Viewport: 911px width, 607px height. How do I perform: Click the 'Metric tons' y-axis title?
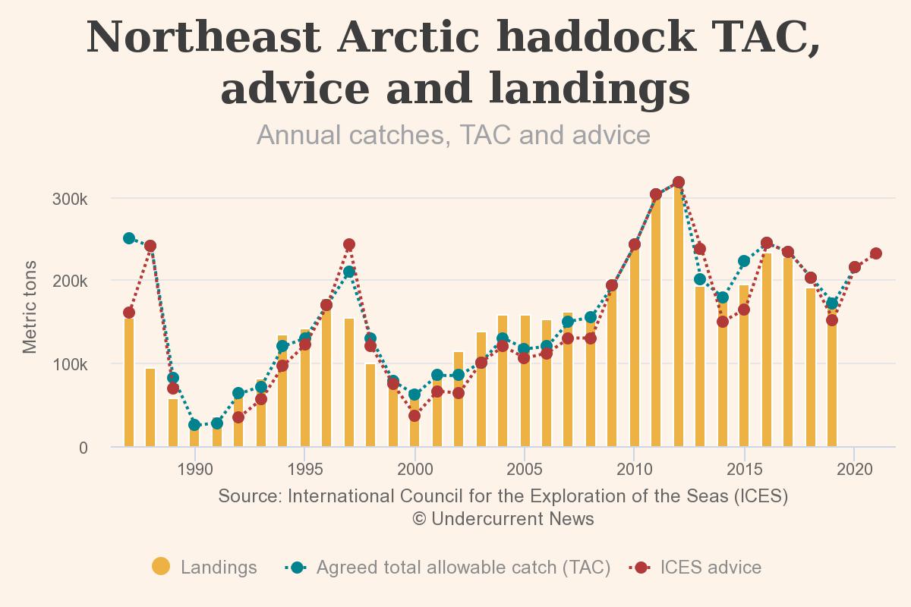click(x=30, y=307)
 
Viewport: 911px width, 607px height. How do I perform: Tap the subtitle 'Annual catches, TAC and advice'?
click(x=453, y=135)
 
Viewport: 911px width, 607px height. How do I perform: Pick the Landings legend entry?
click(x=205, y=568)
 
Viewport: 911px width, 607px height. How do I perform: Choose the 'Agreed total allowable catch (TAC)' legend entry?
click(x=448, y=568)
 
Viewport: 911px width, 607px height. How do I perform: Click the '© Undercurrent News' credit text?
click(x=503, y=519)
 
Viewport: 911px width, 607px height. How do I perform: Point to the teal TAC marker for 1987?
click(x=129, y=238)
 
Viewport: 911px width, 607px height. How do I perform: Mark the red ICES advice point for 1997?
click(x=348, y=245)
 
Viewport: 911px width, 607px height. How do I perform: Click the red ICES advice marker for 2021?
click(x=875, y=253)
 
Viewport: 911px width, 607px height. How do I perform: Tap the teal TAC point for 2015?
click(x=744, y=261)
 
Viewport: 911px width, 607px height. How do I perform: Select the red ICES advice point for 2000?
click(x=415, y=416)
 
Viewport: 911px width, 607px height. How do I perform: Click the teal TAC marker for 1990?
click(x=194, y=425)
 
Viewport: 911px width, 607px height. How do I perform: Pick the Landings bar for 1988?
click(x=150, y=407)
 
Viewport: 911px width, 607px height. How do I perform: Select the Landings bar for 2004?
click(x=503, y=381)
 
